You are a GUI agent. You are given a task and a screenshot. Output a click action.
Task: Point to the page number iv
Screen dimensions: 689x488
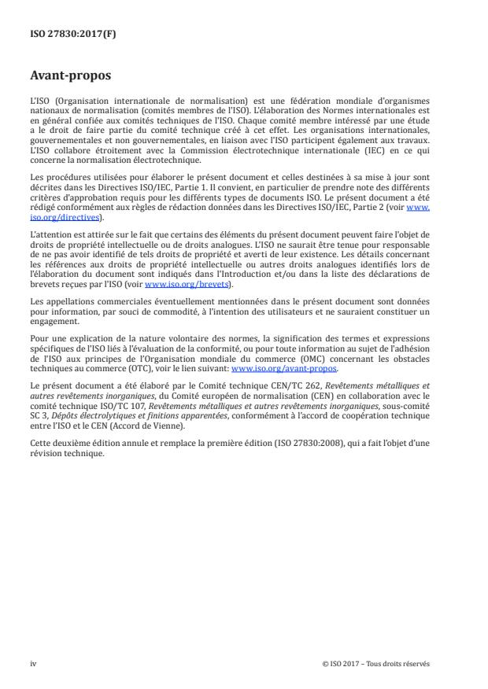click(x=33, y=663)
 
